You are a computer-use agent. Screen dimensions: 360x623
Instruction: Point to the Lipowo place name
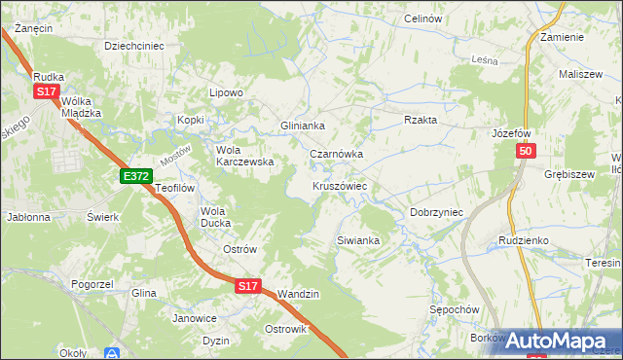click(x=226, y=93)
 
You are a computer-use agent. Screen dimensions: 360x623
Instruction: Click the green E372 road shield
click(x=135, y=175)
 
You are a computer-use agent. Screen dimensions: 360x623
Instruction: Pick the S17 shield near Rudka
click(x=46, y=90)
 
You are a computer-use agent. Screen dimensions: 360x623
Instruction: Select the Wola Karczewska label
click(x=243, y=156)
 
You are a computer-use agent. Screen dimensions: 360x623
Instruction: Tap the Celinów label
click(x=422, y=19)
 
